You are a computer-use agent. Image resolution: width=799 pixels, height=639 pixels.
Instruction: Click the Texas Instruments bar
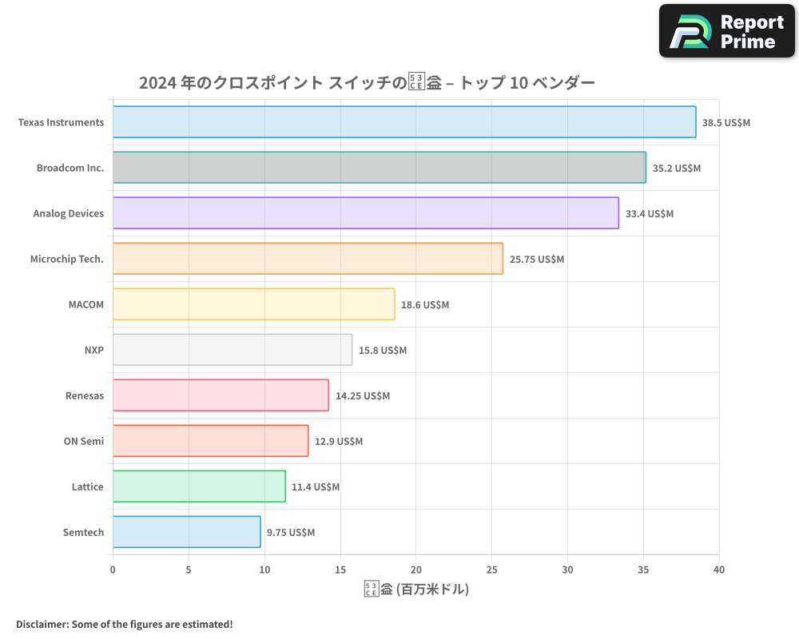point(403,122)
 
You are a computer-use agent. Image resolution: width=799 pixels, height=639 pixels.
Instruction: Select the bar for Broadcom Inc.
point(379,168)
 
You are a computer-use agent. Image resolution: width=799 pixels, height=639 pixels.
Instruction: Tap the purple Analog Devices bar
point(365,213)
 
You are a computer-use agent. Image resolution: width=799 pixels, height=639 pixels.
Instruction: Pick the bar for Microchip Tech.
point(308,259)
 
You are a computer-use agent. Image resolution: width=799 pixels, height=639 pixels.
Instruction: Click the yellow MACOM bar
point(253,304)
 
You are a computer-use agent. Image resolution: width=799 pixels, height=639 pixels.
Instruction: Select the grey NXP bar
point(232,350)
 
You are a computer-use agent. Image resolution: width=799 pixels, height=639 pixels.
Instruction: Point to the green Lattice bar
point(199,486)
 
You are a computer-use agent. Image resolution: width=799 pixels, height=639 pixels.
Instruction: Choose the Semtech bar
point(186,532)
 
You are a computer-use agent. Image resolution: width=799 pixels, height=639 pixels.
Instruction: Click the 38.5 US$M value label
point(726,123)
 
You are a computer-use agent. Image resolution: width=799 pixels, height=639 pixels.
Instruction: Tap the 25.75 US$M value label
point(537,260)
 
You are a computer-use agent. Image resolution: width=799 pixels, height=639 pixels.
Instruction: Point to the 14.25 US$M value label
point(363,396)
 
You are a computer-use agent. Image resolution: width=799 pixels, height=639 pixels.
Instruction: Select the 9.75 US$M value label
point(291,533)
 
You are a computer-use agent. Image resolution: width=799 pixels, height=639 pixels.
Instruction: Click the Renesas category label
point(85,396)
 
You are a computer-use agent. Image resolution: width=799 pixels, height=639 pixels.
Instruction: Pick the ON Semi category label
point(84,442)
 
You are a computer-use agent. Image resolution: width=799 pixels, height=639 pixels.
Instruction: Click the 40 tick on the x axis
point(719,570)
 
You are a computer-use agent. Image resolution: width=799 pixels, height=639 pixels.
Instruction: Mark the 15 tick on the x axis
point(340,570)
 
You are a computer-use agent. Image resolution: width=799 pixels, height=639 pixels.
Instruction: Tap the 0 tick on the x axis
point(113,570)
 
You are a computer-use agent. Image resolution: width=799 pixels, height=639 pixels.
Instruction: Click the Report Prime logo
point(727,31)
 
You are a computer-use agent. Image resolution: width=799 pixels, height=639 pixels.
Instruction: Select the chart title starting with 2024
point(367,82)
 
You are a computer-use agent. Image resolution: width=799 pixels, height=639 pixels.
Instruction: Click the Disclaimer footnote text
point(125,624)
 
